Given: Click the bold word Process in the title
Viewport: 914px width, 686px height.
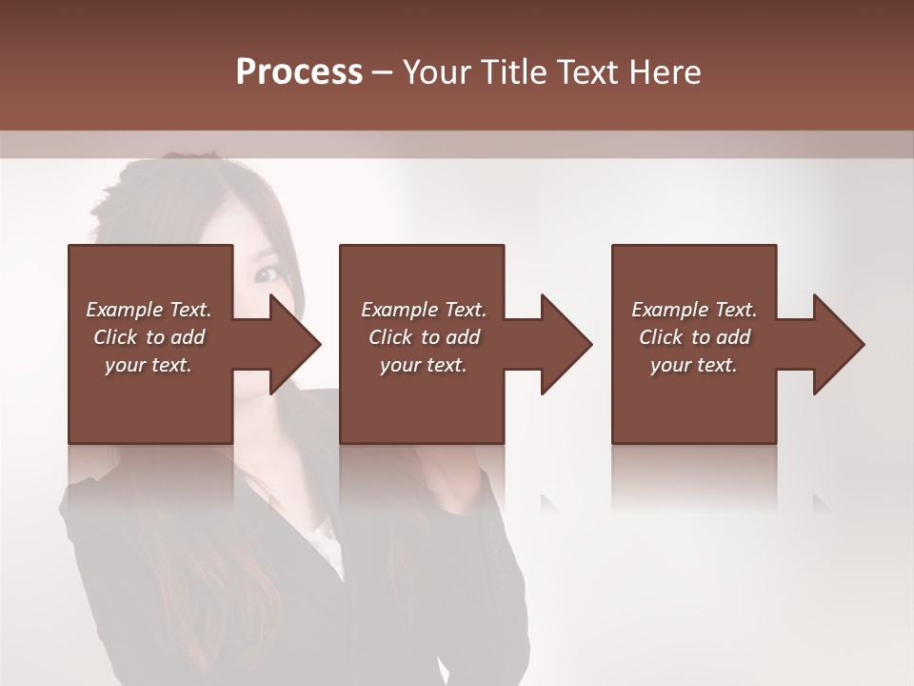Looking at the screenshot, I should click(299, 72).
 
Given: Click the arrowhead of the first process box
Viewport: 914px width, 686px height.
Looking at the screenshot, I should click(295, 344).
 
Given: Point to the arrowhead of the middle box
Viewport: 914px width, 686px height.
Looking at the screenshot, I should click(566, 344).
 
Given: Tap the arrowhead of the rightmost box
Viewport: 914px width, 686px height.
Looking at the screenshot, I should click(839, 344).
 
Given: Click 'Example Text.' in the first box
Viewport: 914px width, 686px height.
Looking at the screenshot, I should click(149, 310).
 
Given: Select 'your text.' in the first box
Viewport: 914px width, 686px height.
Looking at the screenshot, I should click(149, 365).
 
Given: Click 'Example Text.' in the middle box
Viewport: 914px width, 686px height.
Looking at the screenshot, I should click(424, 310).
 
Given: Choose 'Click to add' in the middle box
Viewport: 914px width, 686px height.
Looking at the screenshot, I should click(424, 337).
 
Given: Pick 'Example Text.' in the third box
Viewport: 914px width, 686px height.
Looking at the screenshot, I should click(694, 310).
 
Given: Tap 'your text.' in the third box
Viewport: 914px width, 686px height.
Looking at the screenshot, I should click(694, 365).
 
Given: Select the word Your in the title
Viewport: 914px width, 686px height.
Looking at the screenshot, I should click(433, 72).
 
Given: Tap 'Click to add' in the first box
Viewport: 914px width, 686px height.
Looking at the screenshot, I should click(149, 337).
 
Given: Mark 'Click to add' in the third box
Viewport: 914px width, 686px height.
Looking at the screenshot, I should click(694, 337).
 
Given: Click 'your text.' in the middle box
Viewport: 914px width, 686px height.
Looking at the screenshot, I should click(424, 365).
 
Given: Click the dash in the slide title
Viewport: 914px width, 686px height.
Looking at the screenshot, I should click(383, 72).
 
